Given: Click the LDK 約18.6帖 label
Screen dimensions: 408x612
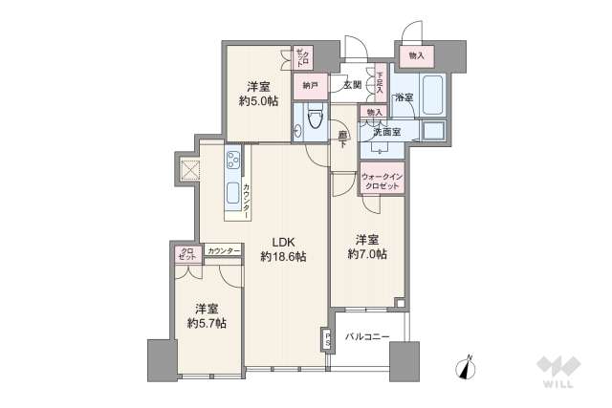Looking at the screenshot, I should point(283,248).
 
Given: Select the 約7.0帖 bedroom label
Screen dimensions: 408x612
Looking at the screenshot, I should point(367,247).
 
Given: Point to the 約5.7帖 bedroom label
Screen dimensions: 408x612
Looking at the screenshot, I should point(206,316).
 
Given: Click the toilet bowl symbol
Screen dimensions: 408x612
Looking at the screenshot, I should point(314,120).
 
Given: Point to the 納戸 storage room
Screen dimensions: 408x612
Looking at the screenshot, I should point(310,86).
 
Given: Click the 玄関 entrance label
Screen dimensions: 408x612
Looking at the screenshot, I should point(353,85).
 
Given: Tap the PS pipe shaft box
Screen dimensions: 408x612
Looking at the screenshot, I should point(326,340).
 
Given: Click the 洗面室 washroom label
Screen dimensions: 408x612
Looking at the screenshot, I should point(387,131).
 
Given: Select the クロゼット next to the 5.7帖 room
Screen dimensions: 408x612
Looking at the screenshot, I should point(186,254).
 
